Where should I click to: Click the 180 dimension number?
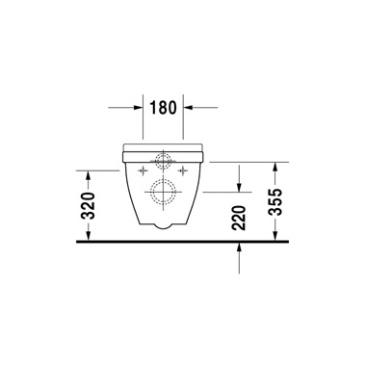(163, 108)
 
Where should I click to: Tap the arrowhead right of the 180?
(188, 108)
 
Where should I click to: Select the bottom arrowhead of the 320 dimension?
(89, 235)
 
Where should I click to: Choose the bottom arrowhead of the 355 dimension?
(277, 235)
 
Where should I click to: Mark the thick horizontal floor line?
(183, 241)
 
